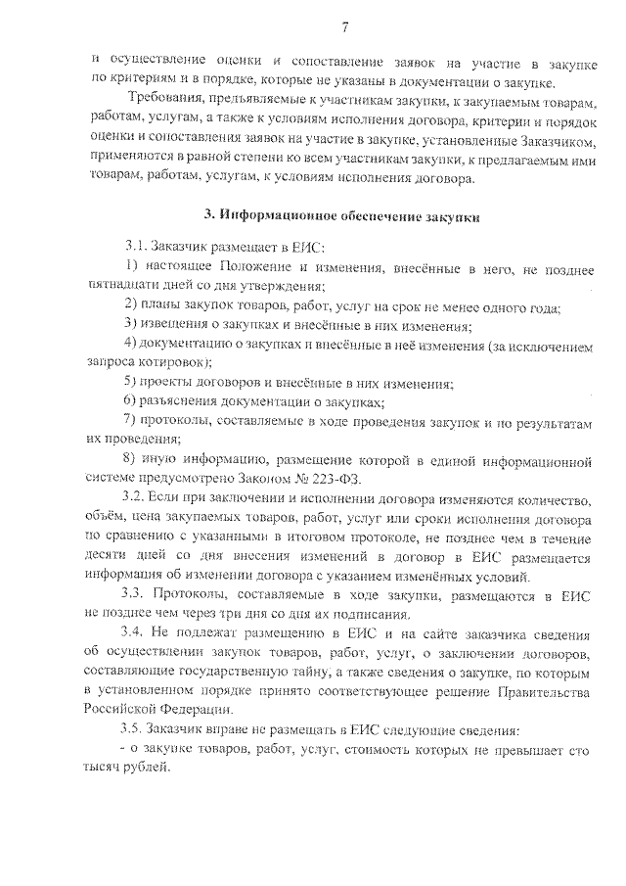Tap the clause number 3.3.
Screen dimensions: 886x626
136,596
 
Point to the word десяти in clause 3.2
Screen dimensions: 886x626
108,556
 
